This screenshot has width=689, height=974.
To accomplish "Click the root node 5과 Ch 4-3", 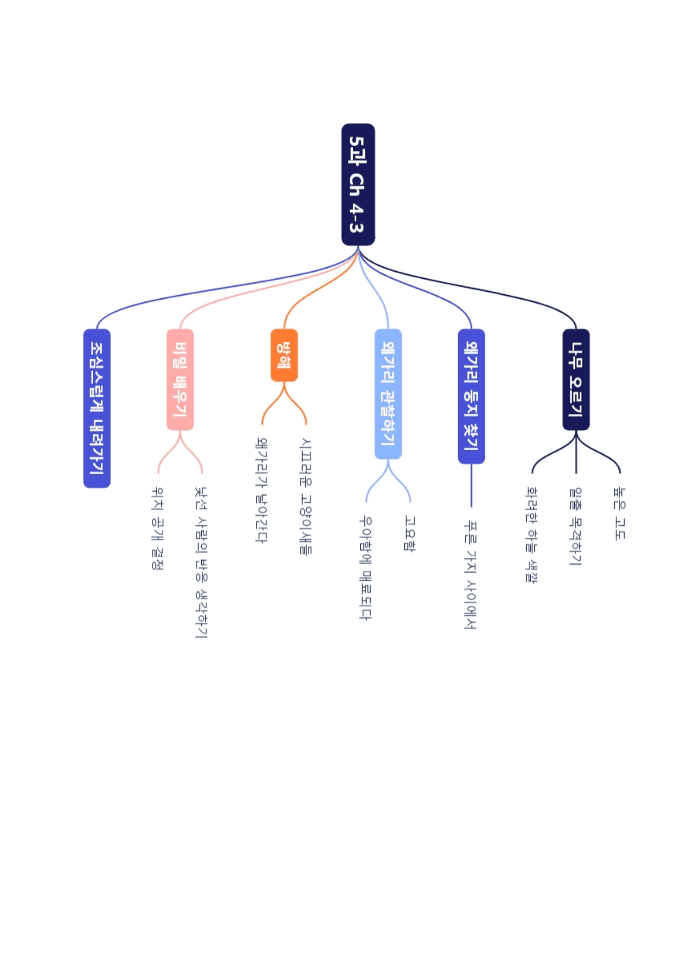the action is [x=358, y=184].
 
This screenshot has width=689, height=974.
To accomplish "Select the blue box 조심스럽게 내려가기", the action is [x=97, y=408].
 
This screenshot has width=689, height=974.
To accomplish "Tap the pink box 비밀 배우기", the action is [x=180, y=380].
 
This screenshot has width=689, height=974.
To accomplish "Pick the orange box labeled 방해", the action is [x=284, y=355].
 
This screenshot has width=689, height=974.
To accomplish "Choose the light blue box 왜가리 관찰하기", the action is [x=388, y=394].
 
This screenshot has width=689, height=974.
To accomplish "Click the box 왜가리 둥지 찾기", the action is [x=471, y=396].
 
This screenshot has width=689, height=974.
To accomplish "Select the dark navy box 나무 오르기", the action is [x=576, y=380].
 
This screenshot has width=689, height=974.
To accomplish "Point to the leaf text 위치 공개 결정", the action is [x=158, y=528].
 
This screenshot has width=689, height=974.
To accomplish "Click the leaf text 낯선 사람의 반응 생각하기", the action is [x=201, y=562].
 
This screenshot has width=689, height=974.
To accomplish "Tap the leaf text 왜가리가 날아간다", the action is [x=262, y=490].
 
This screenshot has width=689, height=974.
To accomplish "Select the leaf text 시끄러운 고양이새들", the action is [x=306, y=496].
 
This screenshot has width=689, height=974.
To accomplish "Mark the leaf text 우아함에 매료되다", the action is [x=365, y=568].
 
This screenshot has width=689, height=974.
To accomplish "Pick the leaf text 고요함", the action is [x=410, y=533].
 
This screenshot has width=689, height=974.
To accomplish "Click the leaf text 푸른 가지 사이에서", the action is [x=471, y=574].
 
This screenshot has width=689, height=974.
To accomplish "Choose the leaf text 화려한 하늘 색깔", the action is [x=532, y=535].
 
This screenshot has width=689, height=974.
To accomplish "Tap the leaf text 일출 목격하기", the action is [x=576, y=526].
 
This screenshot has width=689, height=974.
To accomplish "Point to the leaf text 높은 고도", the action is [x=619, y=513].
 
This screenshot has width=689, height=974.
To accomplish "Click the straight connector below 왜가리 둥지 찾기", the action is [x=471, y=485].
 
